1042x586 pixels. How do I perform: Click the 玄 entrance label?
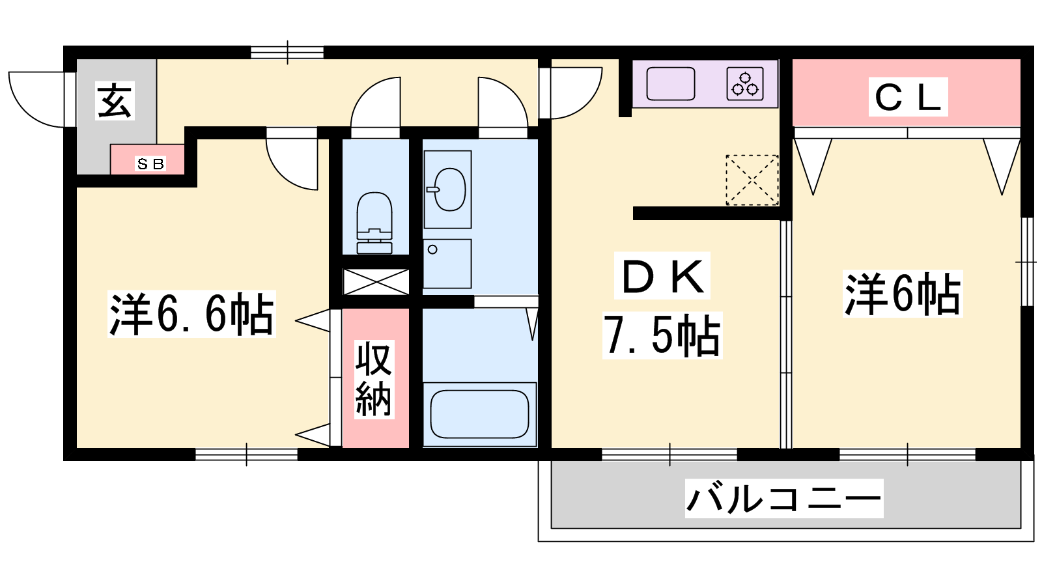[115, 101]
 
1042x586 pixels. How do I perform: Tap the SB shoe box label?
[150, 163]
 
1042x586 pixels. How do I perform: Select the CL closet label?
[908, 97]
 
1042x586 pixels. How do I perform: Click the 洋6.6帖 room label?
[191, 314]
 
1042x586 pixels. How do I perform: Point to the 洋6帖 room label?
[903, 294]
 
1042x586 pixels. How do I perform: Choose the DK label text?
[662, 275]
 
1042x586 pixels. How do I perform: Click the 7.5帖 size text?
[662, 335]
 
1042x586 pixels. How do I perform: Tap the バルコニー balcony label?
[784, 499]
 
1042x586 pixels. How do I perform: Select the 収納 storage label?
[374, 380]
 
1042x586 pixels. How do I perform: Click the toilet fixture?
[374, 223]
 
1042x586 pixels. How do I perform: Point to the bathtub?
[479, 414]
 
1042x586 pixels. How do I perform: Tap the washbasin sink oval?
[449, 189]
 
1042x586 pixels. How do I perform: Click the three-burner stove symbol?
[745, 84]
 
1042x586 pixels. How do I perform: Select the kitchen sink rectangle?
[670, 84]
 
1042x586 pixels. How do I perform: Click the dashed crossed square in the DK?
[752, 180]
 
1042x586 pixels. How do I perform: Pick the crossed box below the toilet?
[376, 282]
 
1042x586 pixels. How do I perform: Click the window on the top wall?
[287, 52]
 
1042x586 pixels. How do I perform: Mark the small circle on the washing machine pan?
[432, 250]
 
